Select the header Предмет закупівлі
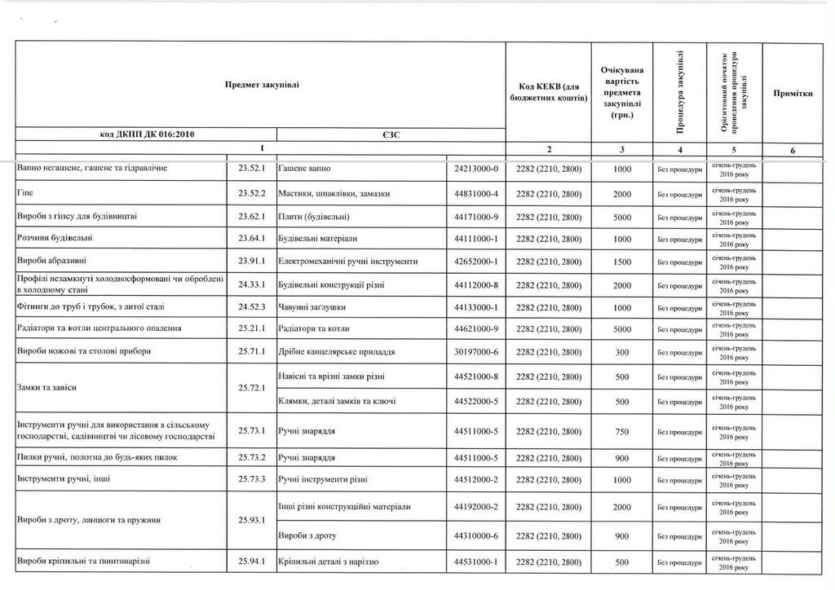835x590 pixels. (x=262, y=86)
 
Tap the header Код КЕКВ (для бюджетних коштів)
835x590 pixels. (x=549, y=93)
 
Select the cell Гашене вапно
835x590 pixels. (x=304, y=168)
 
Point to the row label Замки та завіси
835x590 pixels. (x=47, y=388)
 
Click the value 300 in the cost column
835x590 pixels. (x=623, y=351)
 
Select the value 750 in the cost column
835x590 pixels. (x=623, y=431)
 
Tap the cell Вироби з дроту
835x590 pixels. (x=307, y=536)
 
